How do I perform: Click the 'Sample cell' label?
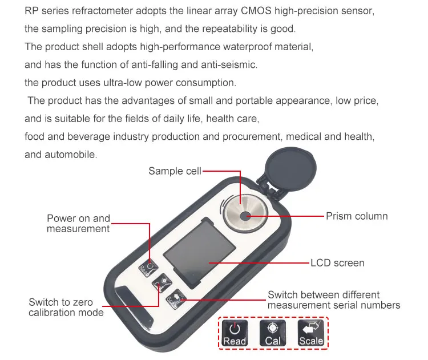pos(175,171)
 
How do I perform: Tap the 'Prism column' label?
pos(357,216)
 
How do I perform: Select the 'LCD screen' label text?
pos(337,263)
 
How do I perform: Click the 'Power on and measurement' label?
pos(78,224)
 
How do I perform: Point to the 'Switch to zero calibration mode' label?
pos(66,308)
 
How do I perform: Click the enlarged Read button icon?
pos(235,333)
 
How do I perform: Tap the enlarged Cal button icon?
pos(273,333)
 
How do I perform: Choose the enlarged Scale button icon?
pos(311,333)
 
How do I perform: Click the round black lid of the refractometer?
pos(290,168)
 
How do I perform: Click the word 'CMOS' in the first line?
pos(256,11)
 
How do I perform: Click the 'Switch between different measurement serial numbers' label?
pos(334,300)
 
